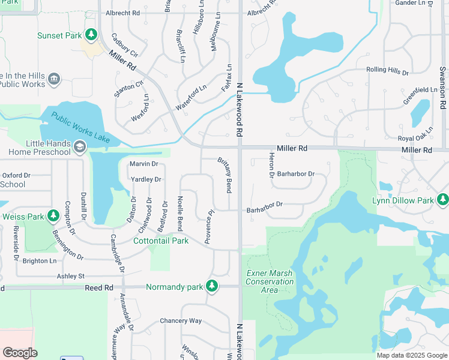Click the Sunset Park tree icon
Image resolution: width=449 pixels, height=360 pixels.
pyautogui.click(x=91, y=35)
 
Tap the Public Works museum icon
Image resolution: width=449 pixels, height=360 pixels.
pyautogui.click(x=54, y=79)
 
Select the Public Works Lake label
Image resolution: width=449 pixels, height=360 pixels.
pyautogui.click(x=80, y=127)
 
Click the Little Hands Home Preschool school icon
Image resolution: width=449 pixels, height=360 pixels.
pyautogui.click(x=79, y=146)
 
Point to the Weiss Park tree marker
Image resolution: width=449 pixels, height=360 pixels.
pyautogui.click(x=53, y=215)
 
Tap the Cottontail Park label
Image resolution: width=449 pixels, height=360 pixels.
pyautogui.click(x=160, y=241)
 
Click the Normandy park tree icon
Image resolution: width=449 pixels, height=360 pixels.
pyautogui.click(x=211, y=286)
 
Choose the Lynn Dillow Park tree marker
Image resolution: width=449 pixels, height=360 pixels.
pyautogui.click(x=443, y=199)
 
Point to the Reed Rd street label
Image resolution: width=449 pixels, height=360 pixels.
pyautogui.click(x=99, y=287)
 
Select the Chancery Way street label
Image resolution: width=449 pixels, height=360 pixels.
pyautogui.click(x=181, y=320)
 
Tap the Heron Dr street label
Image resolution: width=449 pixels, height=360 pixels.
pyautogui.click(x=271, y=165)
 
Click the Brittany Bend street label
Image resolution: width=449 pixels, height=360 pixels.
pyautogui.click(x=224, y=175)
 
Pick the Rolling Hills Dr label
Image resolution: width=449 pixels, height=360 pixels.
pyautogui.click(x=387, y=71)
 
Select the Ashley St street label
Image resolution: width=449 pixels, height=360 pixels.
pyautogui.click(x=71, y=276)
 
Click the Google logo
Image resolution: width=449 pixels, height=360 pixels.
pyautogui.click(x=20, y=352)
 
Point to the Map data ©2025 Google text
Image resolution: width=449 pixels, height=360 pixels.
pyautogui.click(x=411, y=355)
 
